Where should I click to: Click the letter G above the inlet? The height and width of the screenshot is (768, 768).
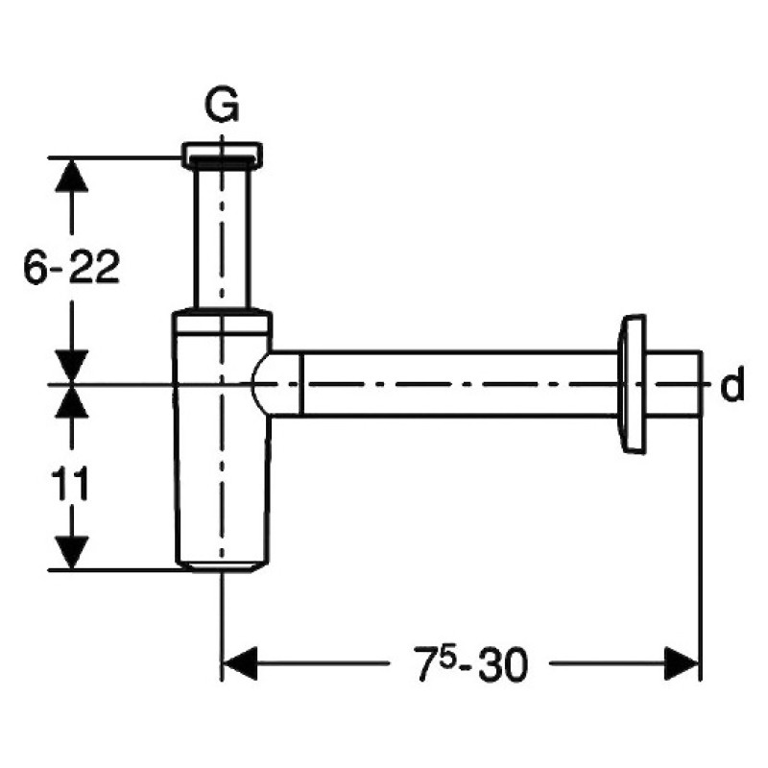[x=222, y=105]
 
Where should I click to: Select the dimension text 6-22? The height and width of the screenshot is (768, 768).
[x=71, y=268]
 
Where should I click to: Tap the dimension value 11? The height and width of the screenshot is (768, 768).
[x=70, y=483]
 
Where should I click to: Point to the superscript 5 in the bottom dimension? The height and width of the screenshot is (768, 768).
[x=446, y=656]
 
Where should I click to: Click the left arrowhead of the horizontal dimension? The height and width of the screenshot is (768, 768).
[x=240, y=663]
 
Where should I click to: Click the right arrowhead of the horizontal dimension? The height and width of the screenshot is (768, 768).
[x=682, y=663]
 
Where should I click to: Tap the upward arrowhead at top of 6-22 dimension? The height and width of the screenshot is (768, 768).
[x=72, y=175]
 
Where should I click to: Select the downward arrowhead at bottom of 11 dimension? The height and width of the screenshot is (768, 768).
[x=72, y=553]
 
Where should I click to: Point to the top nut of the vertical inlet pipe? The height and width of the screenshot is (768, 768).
[x=222, y=155]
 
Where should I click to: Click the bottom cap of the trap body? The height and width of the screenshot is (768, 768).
[x=222, y=567]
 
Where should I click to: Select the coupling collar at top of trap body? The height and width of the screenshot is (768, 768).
[x=223, y=323]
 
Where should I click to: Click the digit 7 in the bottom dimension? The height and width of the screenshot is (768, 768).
[x=426, y=665]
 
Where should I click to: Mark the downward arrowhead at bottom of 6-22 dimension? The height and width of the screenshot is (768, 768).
[x=72, y=368]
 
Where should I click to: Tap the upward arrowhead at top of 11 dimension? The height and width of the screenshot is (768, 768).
[x=72, y=401]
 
